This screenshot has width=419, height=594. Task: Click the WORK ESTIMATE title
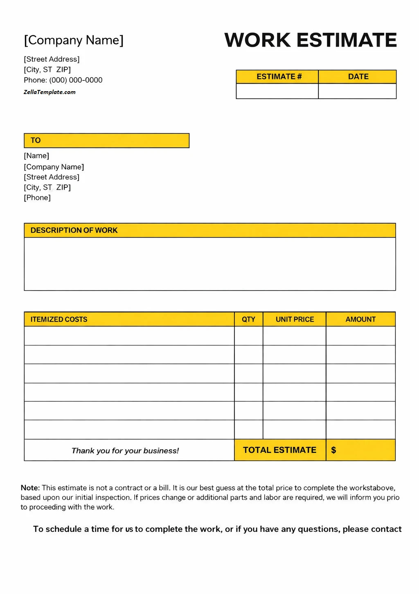[x=311, y=40]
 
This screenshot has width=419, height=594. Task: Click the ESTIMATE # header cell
[x=279, y=77]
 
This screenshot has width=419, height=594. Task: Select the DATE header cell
[x=358, y=77]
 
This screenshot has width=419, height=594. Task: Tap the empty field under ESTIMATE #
[x=277, y=91]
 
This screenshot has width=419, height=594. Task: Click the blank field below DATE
[x=357, y=91]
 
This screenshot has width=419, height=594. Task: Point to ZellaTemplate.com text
[x=50, y=92]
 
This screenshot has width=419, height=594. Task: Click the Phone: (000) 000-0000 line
[x=63, y=80]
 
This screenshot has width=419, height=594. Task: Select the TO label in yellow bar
[x=36, y=141]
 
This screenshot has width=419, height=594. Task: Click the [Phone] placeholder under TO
[x=37, y=198]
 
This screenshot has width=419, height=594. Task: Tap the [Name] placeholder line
[x=36, y=156]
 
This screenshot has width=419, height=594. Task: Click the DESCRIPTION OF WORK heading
[x=74, y=231]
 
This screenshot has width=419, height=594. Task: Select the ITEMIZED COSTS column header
[x=59, y=320]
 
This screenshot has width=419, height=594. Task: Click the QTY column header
[x=248, y=320]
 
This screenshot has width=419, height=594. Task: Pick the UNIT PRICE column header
[x=295, y=320]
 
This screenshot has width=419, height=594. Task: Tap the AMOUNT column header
[x=360, y=320]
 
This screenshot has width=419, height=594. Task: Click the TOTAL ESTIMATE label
[x=279, y=450]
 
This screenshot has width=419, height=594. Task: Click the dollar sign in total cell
[x=333, y=450]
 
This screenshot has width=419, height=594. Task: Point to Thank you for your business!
[x=125, y=451]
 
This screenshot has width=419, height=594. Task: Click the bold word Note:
[x=30, y=488]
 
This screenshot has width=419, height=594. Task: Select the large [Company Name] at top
[x=74, y=40]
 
